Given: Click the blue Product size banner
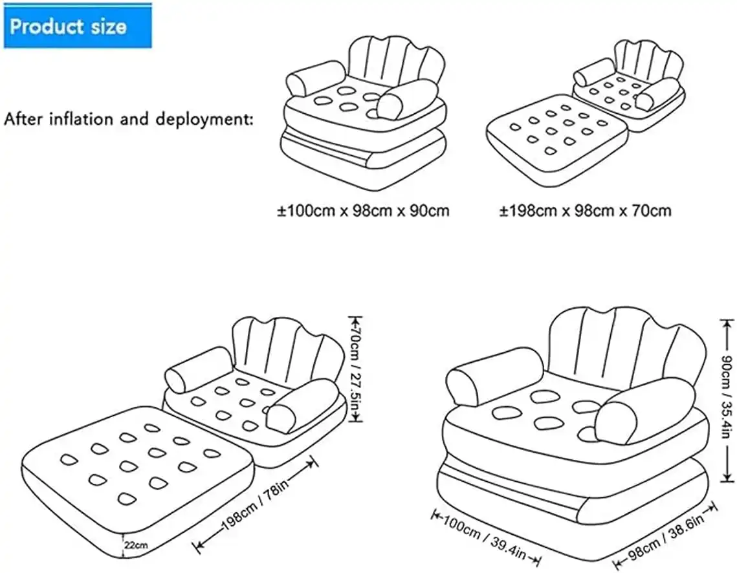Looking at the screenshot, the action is [x=78, y=27].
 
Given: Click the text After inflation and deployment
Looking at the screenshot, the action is [x=128, y=119].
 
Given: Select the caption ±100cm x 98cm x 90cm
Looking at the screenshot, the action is [x=363, y=210].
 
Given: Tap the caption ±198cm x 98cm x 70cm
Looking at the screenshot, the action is [x=585, y=210].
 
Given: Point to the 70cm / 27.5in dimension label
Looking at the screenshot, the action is [x=355, y=369].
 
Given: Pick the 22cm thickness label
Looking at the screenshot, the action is [x=136, y=545].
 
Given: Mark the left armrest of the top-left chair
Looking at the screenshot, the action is [x=316, y=78].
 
